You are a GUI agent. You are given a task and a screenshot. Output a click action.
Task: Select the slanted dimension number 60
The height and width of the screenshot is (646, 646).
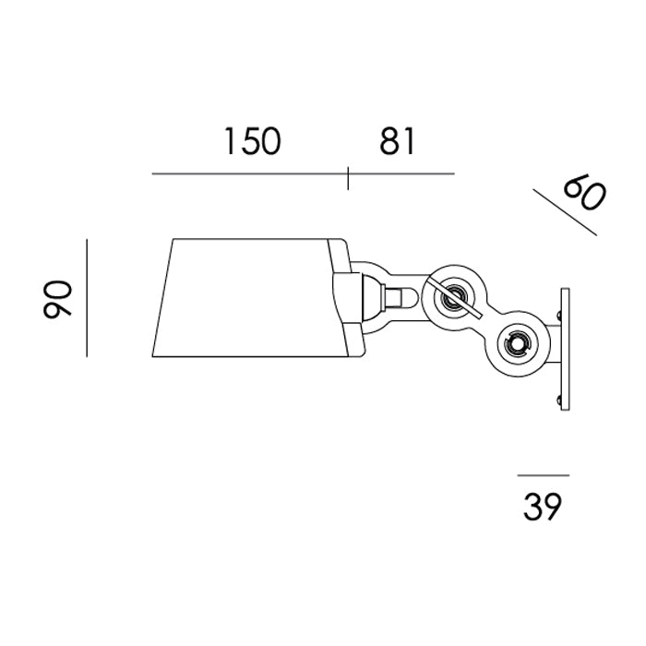pyautogui.click(x=584, y=194)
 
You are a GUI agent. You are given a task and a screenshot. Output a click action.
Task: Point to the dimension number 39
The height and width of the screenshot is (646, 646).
pyautogui.click(x=543, y=507)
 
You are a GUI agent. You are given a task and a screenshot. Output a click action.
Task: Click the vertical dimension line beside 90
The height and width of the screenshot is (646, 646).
pyautogui.click(x=86, y=297)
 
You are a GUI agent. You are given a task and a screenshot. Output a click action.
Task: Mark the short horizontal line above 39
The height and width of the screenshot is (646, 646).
pyautogui.click(x=544, y=475)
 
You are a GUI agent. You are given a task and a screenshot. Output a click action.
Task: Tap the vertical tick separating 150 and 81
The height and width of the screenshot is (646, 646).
pyautogui.click(x=348, y=176)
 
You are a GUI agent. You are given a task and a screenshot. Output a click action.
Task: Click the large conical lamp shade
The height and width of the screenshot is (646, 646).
pyautogui.click(x=249, y=297)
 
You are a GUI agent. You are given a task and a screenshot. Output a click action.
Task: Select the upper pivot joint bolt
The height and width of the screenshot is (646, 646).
pyautogui.click(x=453, y=298)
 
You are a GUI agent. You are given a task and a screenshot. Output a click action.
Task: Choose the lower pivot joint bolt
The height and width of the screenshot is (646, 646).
pyautogui.click(x=515, y=345)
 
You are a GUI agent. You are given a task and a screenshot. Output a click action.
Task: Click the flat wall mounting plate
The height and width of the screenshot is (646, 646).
pyautogui.click(x=565, y=351)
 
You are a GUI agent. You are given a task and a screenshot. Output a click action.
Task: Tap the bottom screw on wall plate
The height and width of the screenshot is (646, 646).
pyautogui.click(x=557, y=399)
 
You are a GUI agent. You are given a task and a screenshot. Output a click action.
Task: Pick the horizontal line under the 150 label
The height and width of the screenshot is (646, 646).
pyautogui.click(x=249, y=173)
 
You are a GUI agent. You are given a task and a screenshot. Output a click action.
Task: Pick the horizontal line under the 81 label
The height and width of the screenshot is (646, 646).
pyautogui.click(x=401, y=173)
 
